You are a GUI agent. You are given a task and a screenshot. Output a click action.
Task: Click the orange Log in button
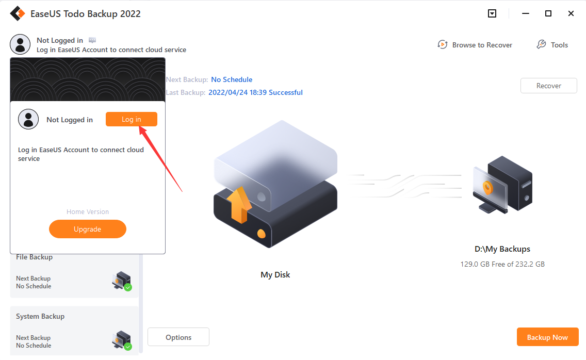coord(132,119)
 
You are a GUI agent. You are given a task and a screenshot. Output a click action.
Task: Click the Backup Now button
coord(547,337)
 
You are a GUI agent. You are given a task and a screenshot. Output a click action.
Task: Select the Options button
coord(178,337)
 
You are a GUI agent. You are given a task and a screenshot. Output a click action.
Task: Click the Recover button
coord(549,86)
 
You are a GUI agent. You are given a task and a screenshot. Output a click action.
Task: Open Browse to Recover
coord(475,45)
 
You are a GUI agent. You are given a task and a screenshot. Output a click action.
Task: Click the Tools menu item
coord(552,45)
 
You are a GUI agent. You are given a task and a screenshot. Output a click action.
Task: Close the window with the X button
coord(571,13)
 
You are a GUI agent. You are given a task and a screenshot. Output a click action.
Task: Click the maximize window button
coord(548,13)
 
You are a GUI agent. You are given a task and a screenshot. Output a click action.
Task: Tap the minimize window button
coord(526,13)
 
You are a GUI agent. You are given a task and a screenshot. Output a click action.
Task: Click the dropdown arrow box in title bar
coord(492,13)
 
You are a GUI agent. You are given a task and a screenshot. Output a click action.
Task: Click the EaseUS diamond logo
coord(17,14)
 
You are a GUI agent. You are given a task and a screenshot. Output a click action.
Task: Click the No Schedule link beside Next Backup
coord(232,79)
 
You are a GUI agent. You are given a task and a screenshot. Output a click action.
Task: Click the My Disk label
coord(275,275)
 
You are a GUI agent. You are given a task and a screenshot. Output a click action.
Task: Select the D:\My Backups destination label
coord(502,249)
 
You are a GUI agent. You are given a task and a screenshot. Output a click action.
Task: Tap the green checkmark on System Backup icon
coord(128,347)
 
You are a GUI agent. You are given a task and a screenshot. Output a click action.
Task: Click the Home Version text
coord(88,211)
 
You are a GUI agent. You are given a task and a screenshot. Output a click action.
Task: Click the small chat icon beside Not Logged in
coord(92,40)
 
